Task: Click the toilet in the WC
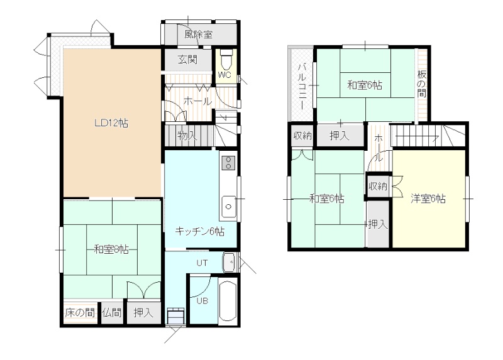click(226, 59)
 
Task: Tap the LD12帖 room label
click(111, 123)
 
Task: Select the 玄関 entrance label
click(187, 60)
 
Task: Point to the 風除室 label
click(198, 35)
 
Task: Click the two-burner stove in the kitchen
click(228, 163)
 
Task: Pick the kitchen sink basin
click(228, 207)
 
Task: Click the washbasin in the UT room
click(230, 262)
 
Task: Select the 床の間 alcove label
click(80, 312)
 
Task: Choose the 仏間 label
click(112, 312)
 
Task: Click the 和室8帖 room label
click(111, 249)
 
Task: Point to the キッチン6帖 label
click(199, 231)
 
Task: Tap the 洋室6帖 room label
click(428, 199)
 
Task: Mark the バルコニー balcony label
click(302, 87)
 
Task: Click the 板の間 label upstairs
click(421, 84)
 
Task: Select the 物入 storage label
click(187, 136)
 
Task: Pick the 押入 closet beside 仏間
click(143, 312)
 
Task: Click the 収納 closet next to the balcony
click(302, 136)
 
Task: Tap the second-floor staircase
click(428, 135)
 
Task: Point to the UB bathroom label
click(202, 301)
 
